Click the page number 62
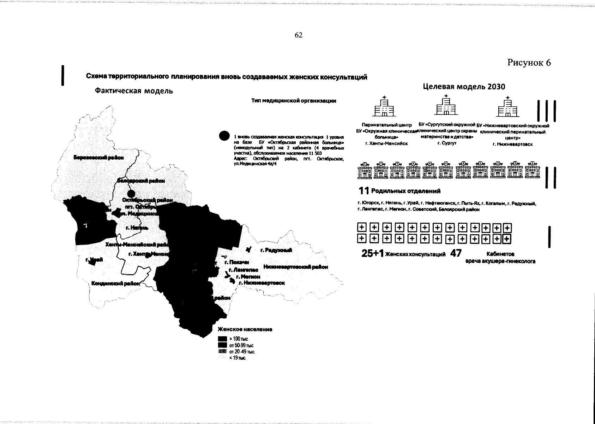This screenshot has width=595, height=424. pos(298,35)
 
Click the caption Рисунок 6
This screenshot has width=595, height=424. pos(529,63)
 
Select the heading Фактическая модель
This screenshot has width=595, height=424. pos(134,91)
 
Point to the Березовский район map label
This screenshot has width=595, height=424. pos(98,158)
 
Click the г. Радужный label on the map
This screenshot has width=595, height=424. pos(276,250)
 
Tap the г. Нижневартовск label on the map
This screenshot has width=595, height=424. pos(262,283)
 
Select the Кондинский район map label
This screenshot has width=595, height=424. pos(115,283)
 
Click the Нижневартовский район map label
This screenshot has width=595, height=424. pos(295,267)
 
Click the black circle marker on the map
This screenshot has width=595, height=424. pos(131,193)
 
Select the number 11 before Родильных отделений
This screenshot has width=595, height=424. pos(363,191)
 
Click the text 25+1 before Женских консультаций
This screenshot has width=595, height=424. pos(373,254)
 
